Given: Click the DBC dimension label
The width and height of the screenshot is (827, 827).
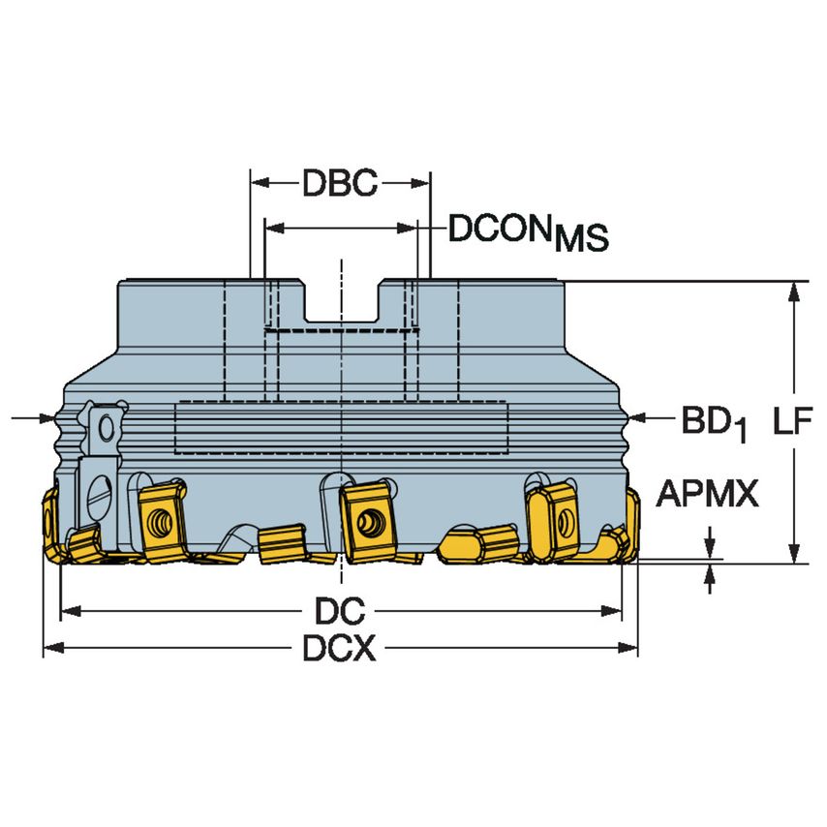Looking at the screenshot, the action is [340, 183].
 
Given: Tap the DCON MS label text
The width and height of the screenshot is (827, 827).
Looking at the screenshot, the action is [528, 232].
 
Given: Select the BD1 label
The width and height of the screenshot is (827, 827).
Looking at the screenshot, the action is [715, 422].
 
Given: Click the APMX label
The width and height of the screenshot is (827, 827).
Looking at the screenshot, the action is [707, 494].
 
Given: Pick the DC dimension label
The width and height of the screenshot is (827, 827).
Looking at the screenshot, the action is [340, 611].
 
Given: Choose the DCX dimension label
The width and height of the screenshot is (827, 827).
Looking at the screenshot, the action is [339, 648].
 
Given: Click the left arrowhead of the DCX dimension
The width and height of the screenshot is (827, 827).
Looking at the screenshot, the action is [53, 647].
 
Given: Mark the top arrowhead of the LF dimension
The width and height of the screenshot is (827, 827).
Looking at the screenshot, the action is [792, 291].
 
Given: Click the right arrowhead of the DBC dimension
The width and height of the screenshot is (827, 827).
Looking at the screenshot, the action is [420, 183].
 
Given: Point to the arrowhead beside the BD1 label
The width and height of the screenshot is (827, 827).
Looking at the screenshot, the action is [639, 417].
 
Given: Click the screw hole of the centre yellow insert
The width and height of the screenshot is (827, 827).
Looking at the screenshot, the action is [367, 522].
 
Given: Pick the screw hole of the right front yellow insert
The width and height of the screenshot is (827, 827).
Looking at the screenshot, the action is [565, 522].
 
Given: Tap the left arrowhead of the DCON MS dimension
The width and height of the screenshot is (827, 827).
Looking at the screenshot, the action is [275, 228].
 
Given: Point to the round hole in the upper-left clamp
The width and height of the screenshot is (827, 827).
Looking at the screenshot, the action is [106, 428].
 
